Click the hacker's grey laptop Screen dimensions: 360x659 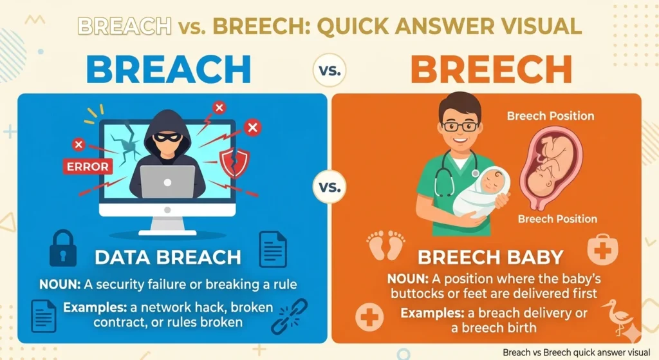coord(167,182)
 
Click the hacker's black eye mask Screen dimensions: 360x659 coord(167,138)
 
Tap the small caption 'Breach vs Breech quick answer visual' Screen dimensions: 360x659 coord(578,352)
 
